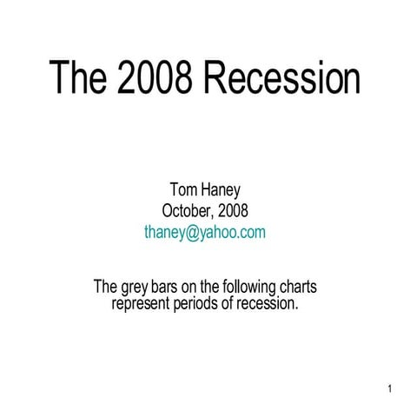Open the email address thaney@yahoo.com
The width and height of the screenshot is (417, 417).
click(205, 232)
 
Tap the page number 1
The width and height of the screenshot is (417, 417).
click(392, 387)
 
